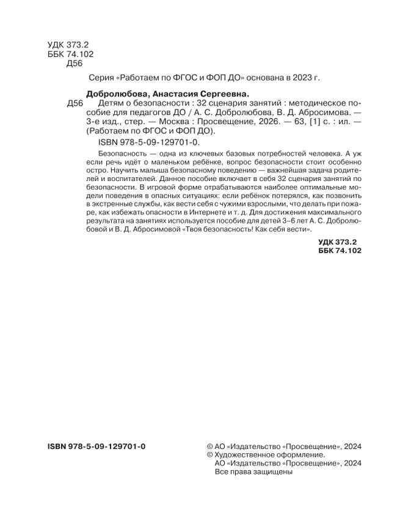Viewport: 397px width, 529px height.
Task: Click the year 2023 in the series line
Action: pos(300,78)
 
